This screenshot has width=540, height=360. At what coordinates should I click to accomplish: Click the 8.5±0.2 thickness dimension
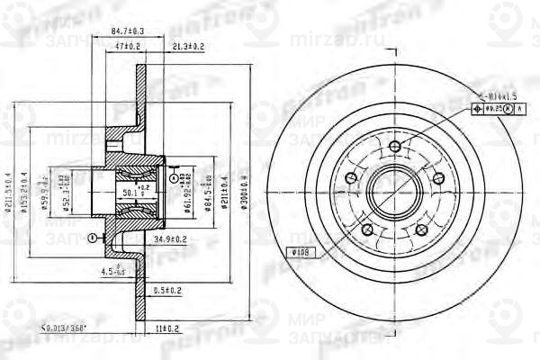pyautogui.click(x=168, y=290)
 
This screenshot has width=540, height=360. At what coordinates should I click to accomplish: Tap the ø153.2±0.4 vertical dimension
pyautogui.click(x=29, y=189)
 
